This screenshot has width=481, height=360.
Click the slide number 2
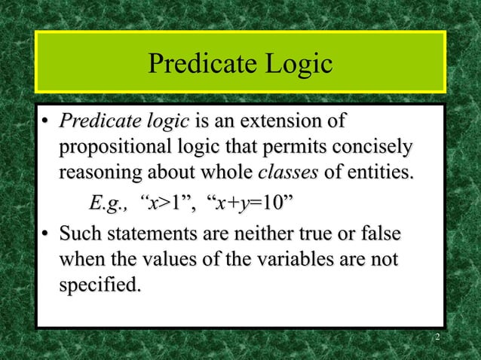click(x=437, y=342)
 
